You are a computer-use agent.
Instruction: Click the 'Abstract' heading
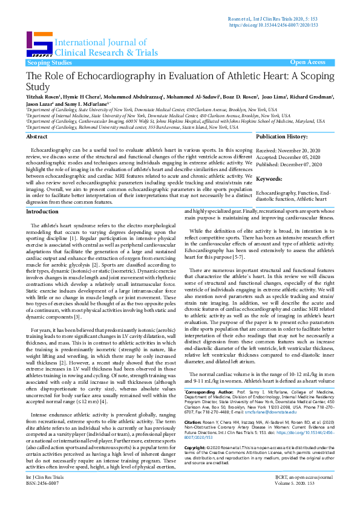pos(37,138)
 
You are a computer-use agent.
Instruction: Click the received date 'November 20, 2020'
pos(306,149)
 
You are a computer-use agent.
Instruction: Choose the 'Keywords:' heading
pos(270,180)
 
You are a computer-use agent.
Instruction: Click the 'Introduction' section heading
pos(42,212)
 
